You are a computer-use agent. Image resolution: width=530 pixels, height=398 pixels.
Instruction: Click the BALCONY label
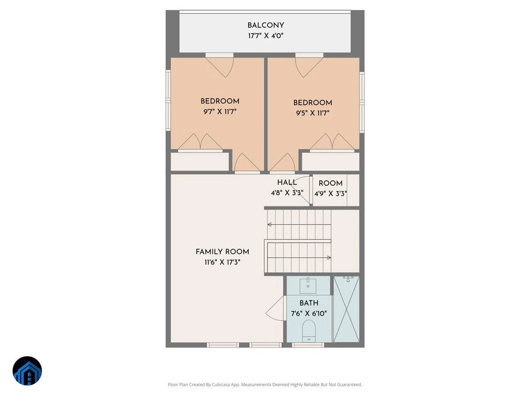[265, 25]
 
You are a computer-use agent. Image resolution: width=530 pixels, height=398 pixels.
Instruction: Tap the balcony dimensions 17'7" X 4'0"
[265, 36]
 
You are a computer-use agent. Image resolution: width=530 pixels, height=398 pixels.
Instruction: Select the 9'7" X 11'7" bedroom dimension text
[220, 111]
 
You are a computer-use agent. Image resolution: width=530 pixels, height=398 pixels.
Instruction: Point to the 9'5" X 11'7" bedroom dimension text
[312, 113]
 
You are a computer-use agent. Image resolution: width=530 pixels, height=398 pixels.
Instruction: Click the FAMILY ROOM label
[222, 252]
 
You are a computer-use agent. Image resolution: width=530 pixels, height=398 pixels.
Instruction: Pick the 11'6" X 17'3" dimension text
[222, 262]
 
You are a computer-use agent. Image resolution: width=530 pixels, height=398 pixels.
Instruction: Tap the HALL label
[287, 182]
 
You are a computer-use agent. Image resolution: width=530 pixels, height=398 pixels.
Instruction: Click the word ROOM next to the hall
[330, 183]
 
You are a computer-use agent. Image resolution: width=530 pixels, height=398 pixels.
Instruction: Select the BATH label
[309, 303]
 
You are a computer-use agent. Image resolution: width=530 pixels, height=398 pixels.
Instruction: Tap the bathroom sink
[308, 285]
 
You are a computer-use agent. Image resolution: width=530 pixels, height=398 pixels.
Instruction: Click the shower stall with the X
[346, 309]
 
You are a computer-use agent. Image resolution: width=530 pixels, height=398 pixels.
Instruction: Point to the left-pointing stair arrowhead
[269, 225]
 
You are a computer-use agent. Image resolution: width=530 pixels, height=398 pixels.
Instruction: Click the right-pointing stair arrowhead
[329, 258]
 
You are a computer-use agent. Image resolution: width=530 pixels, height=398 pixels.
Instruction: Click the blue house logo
[27, 371]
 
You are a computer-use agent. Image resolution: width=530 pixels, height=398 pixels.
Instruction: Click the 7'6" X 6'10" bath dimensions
[309, 314]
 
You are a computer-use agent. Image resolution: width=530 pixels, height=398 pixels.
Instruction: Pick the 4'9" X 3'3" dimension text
[330, 194]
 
